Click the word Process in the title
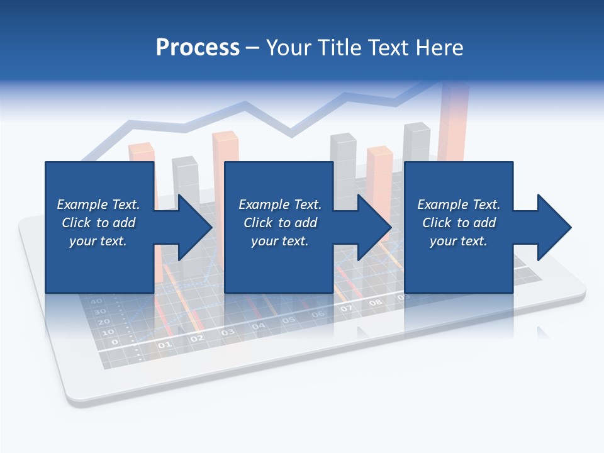(x=198, y=48)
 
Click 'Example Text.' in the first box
(x=98, y=204)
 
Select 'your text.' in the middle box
(x=279, y=241)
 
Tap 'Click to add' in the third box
(x=459, y=223)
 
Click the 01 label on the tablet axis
(x=164, y=345)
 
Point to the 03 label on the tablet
(x=227, y=332)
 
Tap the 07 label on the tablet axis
(x=347, y=309)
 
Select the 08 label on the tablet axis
(x=376, y=303)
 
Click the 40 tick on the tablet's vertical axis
(x=97, y=301)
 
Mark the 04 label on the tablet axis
(x=258, y=326)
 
